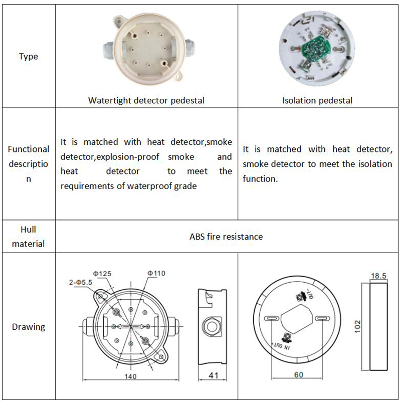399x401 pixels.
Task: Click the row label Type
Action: (x=28, y=57)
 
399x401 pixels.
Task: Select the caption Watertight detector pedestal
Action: (x=146, y=100)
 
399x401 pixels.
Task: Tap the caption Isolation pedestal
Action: (x=317, y=100)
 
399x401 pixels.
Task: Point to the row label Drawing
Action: (x=28, y=327)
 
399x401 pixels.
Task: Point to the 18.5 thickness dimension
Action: (x=378, y=275)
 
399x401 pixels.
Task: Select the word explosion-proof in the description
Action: (x=127, y=157)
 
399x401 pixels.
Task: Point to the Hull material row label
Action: (x=28, y=236)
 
